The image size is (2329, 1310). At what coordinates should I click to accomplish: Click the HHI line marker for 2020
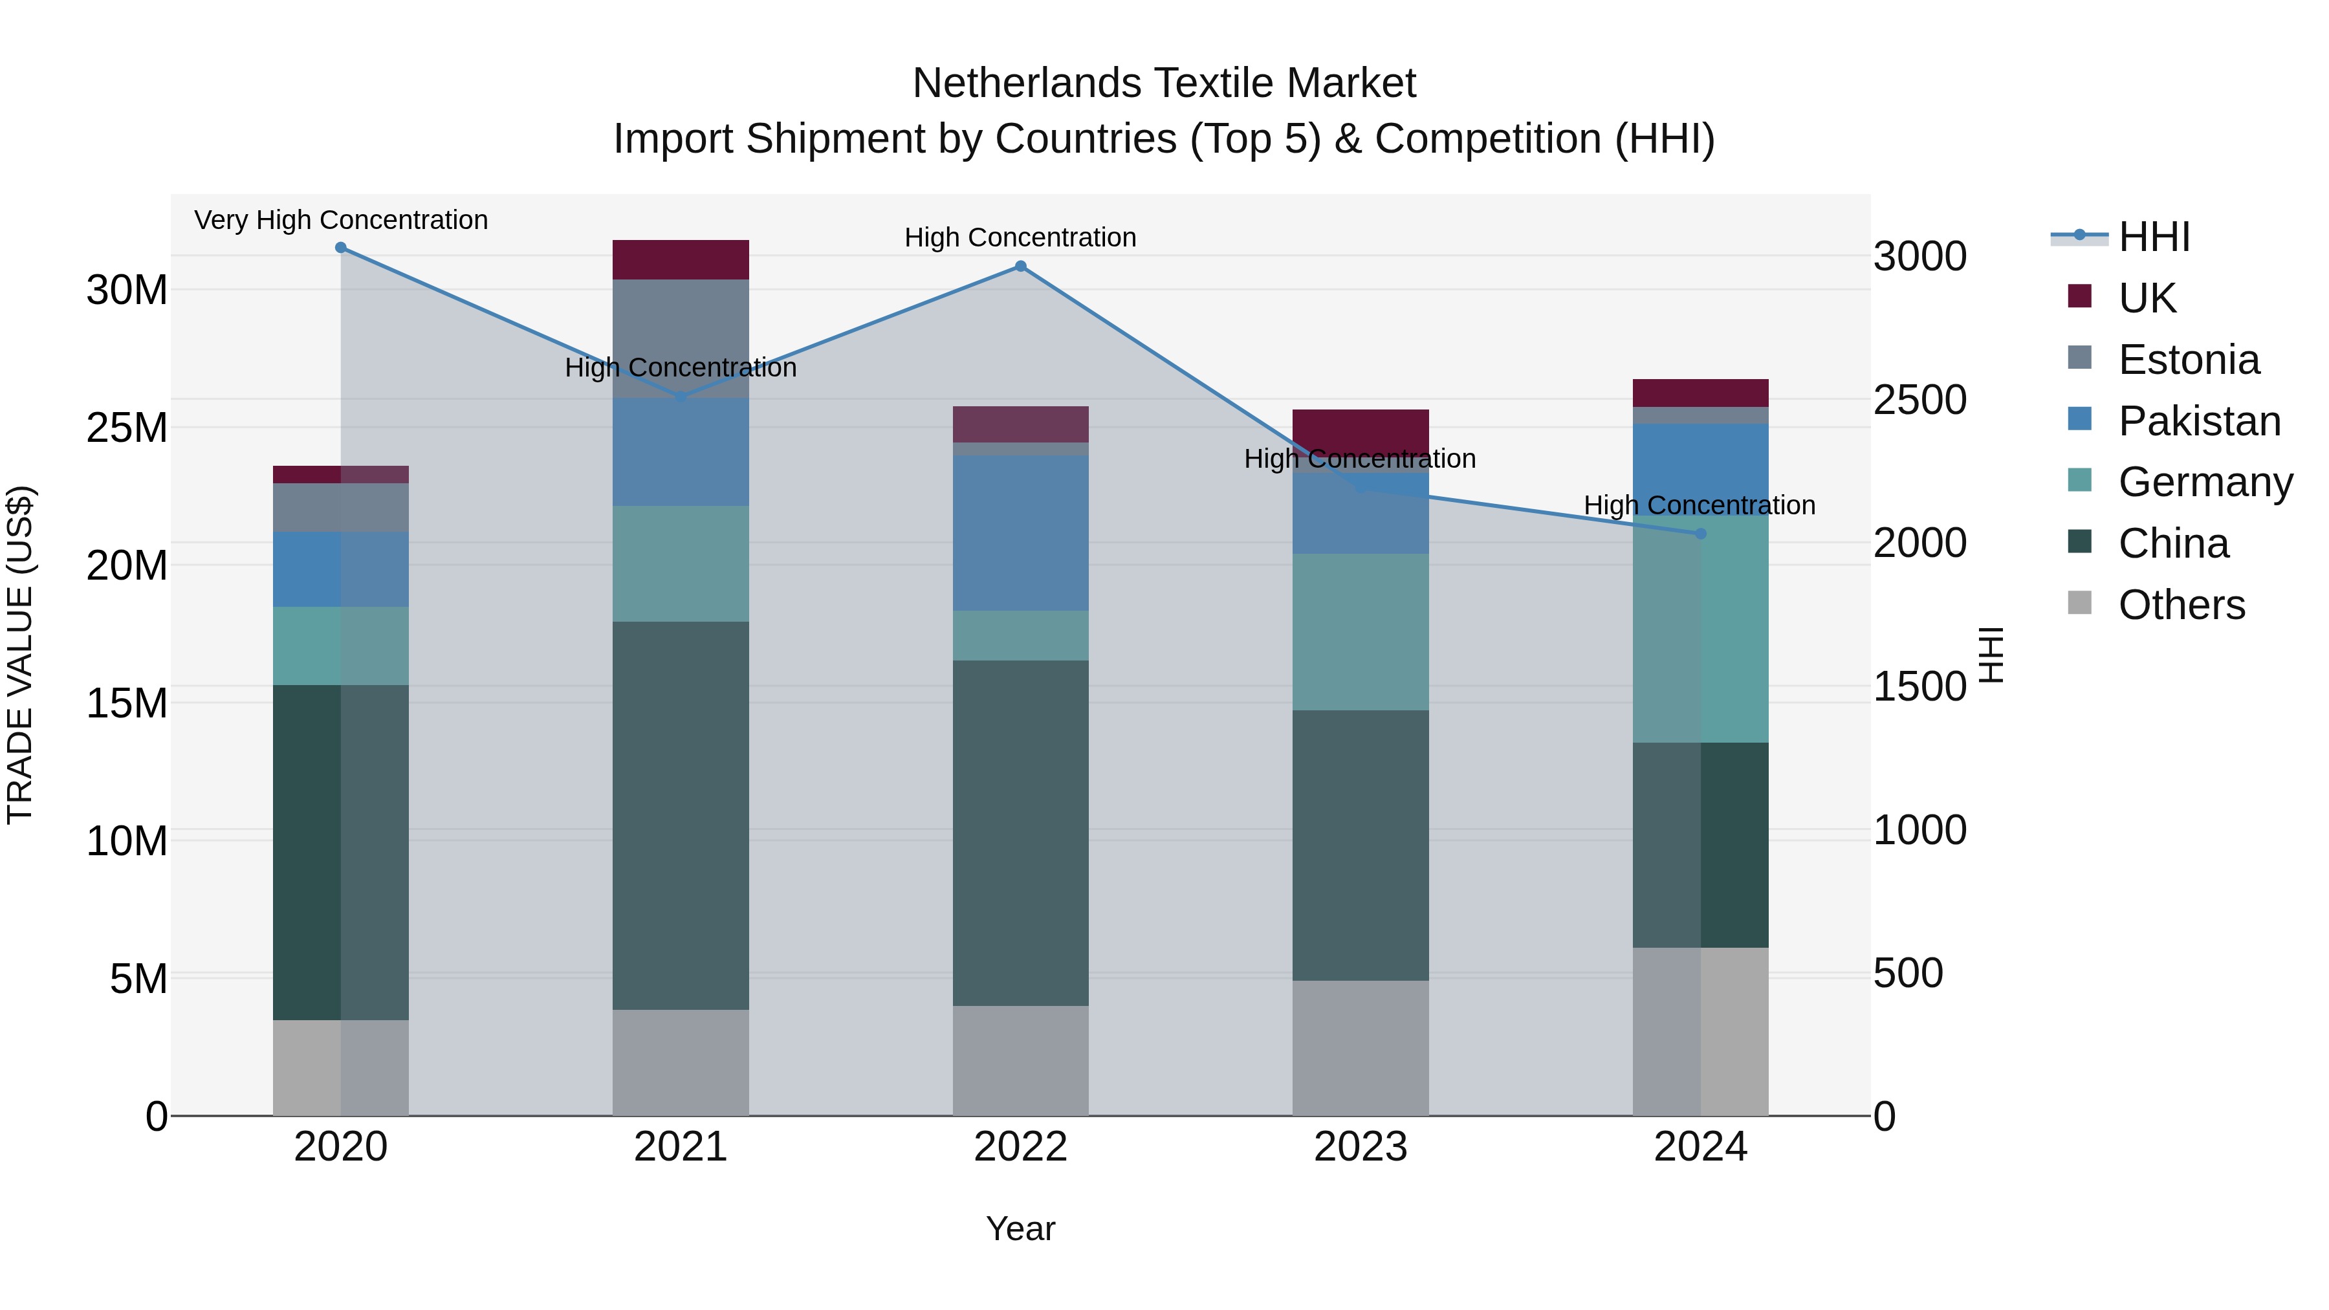[341, 248]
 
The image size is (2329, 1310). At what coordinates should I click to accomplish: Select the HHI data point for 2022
[1021, 267]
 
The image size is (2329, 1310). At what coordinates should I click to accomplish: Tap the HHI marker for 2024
[1701, 534]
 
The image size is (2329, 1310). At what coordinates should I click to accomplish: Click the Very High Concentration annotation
[341, 221]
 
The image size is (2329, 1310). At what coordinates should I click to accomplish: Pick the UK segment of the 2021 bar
[681, 260]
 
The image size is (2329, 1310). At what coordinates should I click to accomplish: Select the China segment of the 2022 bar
[1021, 833]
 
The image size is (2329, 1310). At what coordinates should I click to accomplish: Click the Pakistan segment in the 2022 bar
[1021, 534]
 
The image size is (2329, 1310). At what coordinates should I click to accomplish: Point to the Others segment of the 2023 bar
[1361, 1048]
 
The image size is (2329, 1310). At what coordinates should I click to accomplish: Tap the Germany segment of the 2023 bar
[1361, 632]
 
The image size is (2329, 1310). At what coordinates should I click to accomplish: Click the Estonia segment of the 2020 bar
[341, 508]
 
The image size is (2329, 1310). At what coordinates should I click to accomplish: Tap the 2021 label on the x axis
[681, 1147]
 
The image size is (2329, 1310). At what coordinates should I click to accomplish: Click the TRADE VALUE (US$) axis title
[20, 655]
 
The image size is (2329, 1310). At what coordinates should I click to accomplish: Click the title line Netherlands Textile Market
[1164, 83]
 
